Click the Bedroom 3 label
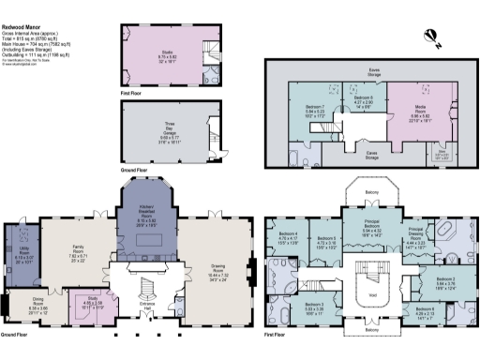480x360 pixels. (315, 306)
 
